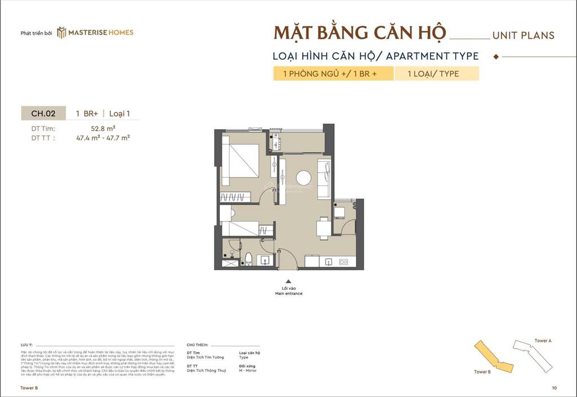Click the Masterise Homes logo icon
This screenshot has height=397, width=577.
[61, 33]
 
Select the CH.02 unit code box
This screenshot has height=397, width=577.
[43, 113]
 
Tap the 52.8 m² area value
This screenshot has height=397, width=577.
[103, 128]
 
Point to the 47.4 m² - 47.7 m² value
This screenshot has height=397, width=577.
[103, 137]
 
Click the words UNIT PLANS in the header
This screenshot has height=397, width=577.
[523, 35]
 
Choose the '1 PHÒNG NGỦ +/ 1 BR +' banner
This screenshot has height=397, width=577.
[333, 73]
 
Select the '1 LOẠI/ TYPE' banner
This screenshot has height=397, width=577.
[436, 73]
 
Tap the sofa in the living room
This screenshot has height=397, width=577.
[325, 178]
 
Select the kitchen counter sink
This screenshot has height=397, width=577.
[327, 262]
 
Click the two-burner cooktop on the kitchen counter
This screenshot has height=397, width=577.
[345, 262]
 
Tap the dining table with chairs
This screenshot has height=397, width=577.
[323, 227]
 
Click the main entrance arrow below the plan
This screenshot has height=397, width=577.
[288, 281]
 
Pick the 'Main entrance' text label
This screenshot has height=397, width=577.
[288, 294]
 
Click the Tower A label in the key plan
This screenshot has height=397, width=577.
[543, 341]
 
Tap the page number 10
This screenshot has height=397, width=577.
[555, 388]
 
